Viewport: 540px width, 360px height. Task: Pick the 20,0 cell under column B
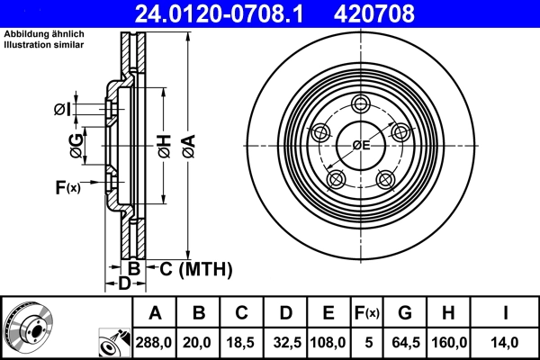pyautogui.click(x=199, y=341)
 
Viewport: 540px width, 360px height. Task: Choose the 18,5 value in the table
pyautogui.click(x=242, y=341)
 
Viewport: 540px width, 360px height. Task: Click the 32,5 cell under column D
pyautogui.click(x=286, y=341)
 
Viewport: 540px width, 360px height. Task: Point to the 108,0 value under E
pyautogui.click(x=328, y=341)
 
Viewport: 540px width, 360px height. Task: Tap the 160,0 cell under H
pyautogui.click(x=449, y=341)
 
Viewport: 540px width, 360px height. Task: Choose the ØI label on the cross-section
pyautogui.click(x=62, y=110)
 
